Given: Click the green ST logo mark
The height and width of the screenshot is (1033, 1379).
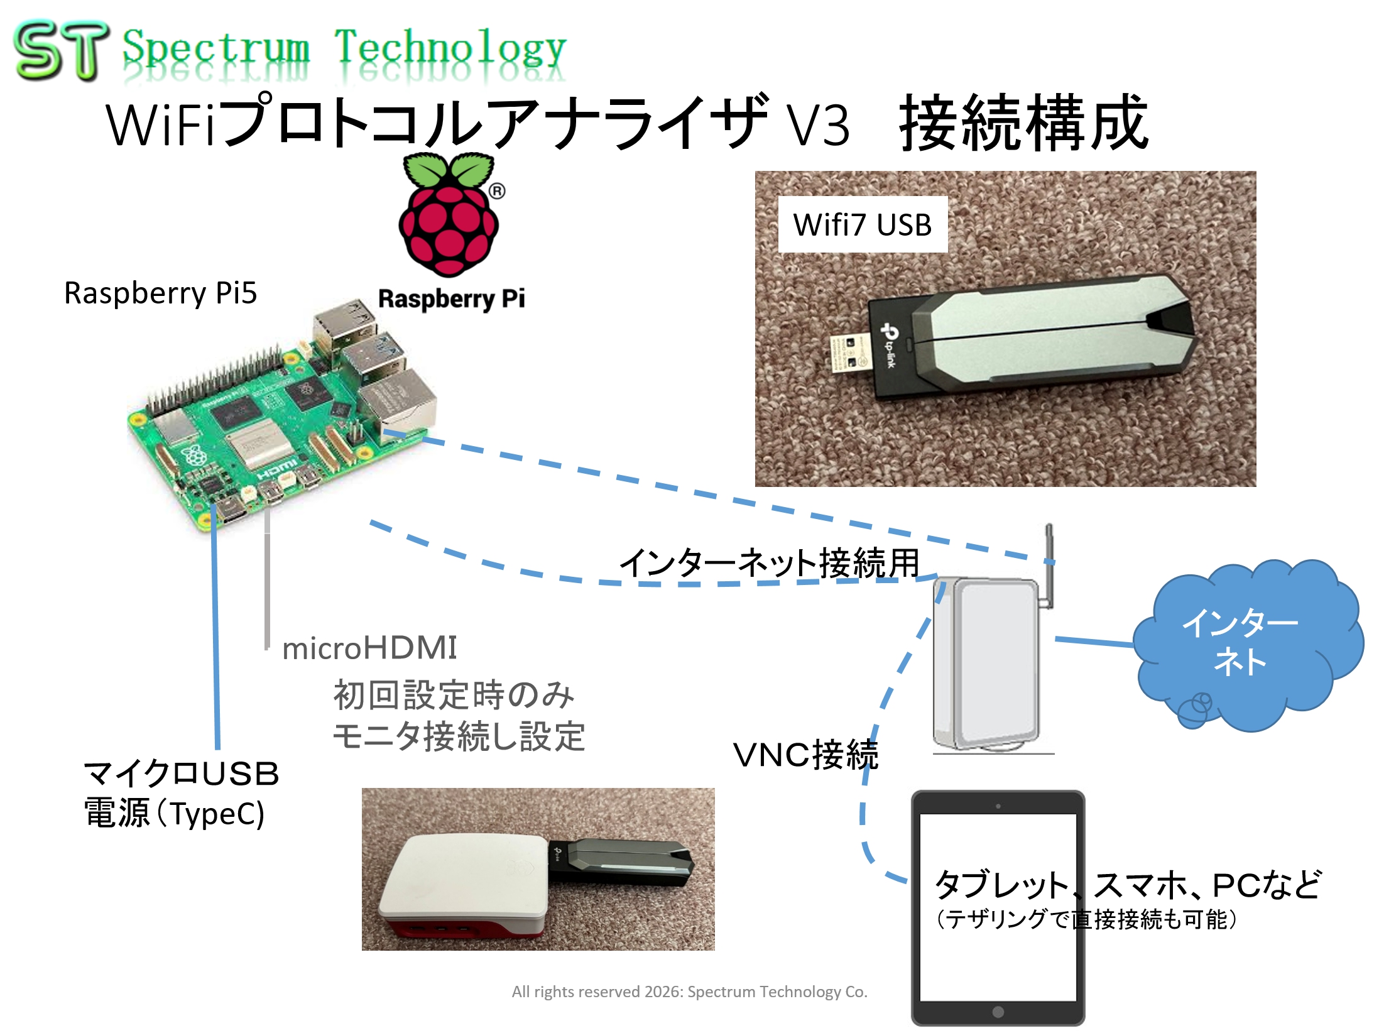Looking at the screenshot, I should point(60,50).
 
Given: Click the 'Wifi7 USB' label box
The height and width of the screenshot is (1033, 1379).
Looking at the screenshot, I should point(862,225).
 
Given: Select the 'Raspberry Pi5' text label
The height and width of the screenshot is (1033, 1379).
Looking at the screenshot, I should point(160,293).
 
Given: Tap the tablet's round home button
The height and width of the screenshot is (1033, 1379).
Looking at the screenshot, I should point(998,1012).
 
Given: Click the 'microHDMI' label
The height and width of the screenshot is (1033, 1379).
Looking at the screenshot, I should point(369,648).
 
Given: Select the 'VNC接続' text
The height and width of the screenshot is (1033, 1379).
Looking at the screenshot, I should point(805,755).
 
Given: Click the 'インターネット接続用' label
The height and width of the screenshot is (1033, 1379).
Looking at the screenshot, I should point(770,562).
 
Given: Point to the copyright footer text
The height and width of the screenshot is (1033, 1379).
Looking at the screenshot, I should point(689,992).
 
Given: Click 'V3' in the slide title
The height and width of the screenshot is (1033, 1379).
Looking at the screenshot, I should point(819,126).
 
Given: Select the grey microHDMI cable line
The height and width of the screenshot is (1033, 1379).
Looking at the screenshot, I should point(268,578).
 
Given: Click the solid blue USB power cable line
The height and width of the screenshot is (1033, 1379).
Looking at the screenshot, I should point(215,628).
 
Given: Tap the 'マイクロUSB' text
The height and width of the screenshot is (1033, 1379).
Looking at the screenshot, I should point(181,773).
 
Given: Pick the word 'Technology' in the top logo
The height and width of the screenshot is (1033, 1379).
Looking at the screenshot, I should point(450,49).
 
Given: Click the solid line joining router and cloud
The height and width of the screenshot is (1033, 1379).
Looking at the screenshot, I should point(1094,642).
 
